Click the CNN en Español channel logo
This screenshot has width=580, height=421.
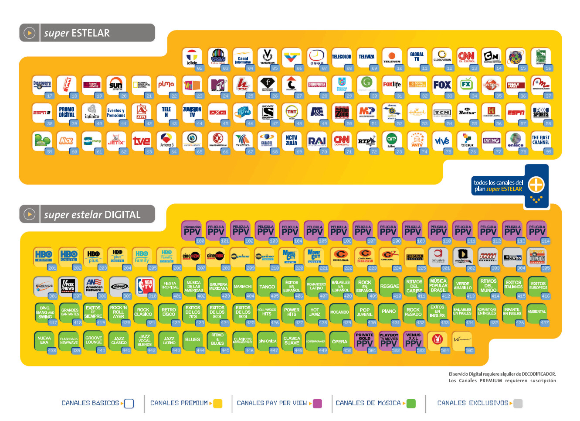(466, 57)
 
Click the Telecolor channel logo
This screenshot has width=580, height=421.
(341, 57)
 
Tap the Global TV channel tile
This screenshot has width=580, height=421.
(417, 57)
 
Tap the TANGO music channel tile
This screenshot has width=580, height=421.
(267, 287)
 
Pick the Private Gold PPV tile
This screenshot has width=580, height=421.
(364, 341)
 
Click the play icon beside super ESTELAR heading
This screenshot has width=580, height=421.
(29, 33)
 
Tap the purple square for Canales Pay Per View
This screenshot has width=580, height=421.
(317, 404)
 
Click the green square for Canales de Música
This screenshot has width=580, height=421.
(410, 404)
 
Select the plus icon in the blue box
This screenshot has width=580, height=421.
(536, 185)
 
